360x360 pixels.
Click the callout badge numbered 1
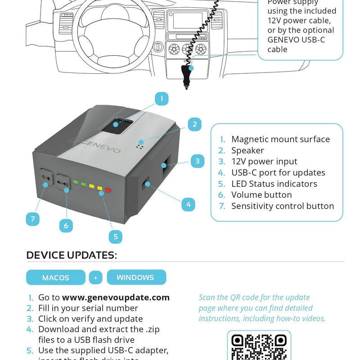click(x=162, y=99)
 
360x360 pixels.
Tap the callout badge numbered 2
click(x=194, y=125)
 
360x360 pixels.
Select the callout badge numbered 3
click(x=198, y=161)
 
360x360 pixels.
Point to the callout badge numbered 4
click(x=189, y=204)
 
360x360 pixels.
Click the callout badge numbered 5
click(x=115, y=236)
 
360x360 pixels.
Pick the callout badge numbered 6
click(x=66, y=225)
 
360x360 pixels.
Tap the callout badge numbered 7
click(x=32, y=219)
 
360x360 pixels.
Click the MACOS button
click(x=56, y=278)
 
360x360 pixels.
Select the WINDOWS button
click(x=136, y=277)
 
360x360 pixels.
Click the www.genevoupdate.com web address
click(x=116, y=297)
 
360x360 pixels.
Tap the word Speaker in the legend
click(x=247, y=150)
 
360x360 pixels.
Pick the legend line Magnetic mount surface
click(x=280, y=139)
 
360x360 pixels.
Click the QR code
click(x=259, y=346)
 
